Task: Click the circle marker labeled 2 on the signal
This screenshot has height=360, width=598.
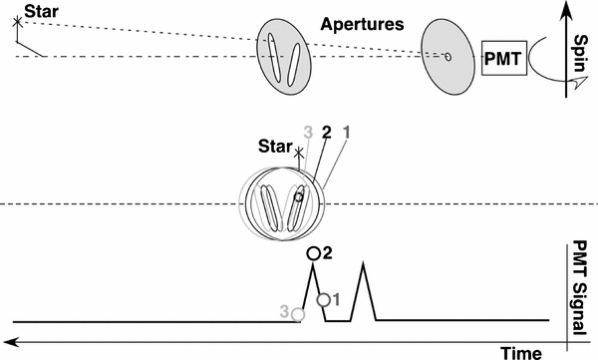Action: [x=313, y=254]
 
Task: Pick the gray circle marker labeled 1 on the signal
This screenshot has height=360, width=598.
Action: [x=323, y=298]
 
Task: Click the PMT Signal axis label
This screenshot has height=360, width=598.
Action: [x=584, y=285]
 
